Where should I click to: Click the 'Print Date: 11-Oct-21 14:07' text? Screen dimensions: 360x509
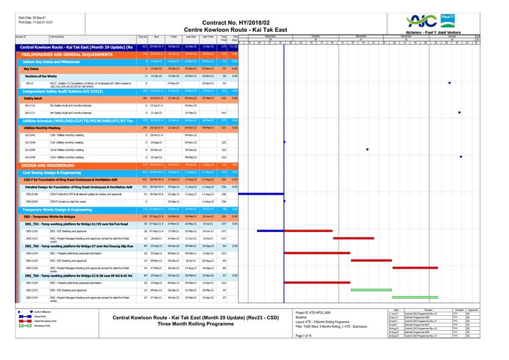(x=35, y=22)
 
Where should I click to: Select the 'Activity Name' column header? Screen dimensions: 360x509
(x=57, y=37)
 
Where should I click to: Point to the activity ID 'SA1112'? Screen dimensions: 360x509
(x=30, y=113)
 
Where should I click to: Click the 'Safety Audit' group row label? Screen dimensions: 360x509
(x=33, y=98)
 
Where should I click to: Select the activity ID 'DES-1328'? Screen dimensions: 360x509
(x=31, y=268)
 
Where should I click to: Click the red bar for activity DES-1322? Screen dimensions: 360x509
(x=353, y=238)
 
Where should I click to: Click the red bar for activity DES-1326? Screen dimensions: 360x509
(x=371, y=260)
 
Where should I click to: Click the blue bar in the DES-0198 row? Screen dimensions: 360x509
(x=261, y=193)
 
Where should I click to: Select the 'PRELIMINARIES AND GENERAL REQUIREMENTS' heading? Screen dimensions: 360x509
(x=67, y=54)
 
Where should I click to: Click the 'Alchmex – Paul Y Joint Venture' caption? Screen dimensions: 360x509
(x=434, y=32)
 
